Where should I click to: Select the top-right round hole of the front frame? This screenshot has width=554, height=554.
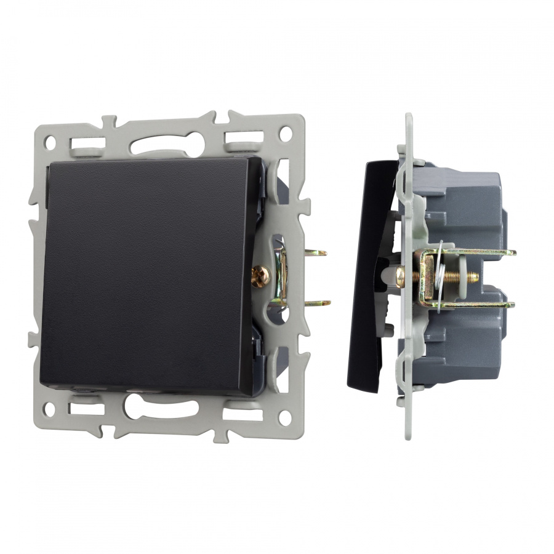click(284, 132)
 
